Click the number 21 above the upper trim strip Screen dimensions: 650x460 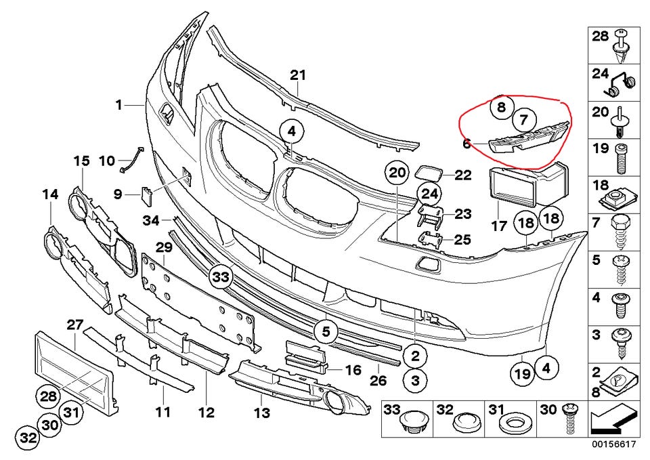coord(298,75)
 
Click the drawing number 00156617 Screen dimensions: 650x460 coord(613,444)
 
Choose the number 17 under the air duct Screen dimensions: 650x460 coord(499,226)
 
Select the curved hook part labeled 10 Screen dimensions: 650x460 coord(132,159)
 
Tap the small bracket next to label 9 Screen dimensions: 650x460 coord(147,195)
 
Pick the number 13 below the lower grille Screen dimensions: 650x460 coord(263,413)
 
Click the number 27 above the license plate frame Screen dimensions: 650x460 coord(75,325)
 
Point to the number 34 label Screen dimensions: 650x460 coord(151,220)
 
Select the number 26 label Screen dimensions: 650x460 coord(378,380)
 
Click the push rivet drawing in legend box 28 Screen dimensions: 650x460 coord(621,45)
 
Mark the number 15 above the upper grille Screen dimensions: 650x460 coord(82,161)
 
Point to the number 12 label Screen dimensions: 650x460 coord(206,413)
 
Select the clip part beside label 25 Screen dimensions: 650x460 coord(431,241)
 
